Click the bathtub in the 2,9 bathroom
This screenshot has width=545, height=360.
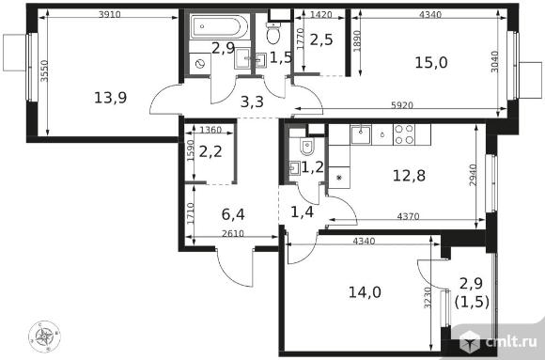pos(219,26)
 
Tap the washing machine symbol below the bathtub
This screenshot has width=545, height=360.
pos(200,64)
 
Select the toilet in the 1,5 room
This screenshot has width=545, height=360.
pos(273,34)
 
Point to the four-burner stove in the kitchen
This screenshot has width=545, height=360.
pos(404,134)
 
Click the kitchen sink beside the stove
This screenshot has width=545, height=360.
pos(361,134)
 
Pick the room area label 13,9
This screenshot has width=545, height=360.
pos(111,98)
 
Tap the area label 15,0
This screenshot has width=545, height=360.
pos(431,63)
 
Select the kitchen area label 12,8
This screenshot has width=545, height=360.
pos(409,176)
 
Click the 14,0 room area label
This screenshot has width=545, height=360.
pos(365,292)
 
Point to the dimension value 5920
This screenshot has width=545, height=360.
pos(402,105)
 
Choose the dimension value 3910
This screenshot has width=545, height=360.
pos(110,14)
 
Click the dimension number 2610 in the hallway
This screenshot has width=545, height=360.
pos(233,233)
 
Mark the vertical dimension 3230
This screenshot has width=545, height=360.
pos(428,297)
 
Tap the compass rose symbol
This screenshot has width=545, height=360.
pos(44,337)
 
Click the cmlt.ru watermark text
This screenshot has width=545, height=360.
pos(511,342)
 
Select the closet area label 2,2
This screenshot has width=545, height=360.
pos(210,152)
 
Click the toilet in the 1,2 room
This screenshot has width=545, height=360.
pos(307,146)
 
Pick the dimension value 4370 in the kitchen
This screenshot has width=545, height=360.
pos(408,216)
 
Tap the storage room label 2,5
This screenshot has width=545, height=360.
pos(321,39)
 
